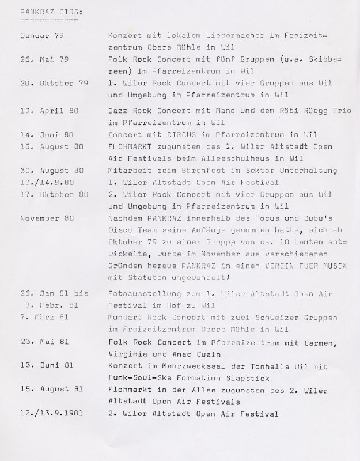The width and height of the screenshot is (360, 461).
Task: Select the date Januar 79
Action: pyautogui.click(x=41, y=35)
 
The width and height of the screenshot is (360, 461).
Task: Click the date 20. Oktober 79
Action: pyautogui.click(x=54, y=83)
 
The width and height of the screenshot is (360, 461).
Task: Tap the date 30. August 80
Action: pyautogui.click(x=52, y=171)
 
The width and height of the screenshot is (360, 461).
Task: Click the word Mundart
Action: pyautogui.click(x=126, y=317)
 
